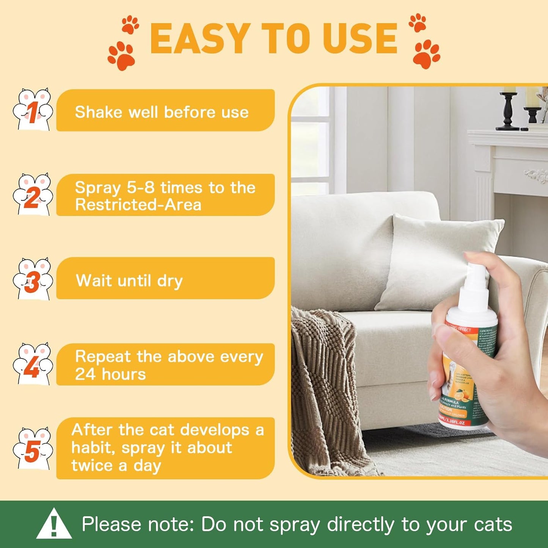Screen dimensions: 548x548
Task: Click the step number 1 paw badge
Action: click(33, 110)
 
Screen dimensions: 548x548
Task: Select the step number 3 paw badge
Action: click(33, 279)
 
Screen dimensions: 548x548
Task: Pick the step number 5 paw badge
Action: click(33, 449)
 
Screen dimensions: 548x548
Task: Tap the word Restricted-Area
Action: click(138, 205)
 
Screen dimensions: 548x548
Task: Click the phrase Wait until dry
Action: click(129, 281)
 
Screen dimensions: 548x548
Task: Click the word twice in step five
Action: click(92, 466)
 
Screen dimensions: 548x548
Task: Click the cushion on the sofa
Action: click(436, 258)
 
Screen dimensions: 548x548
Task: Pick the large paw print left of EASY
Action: click(122, 56)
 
